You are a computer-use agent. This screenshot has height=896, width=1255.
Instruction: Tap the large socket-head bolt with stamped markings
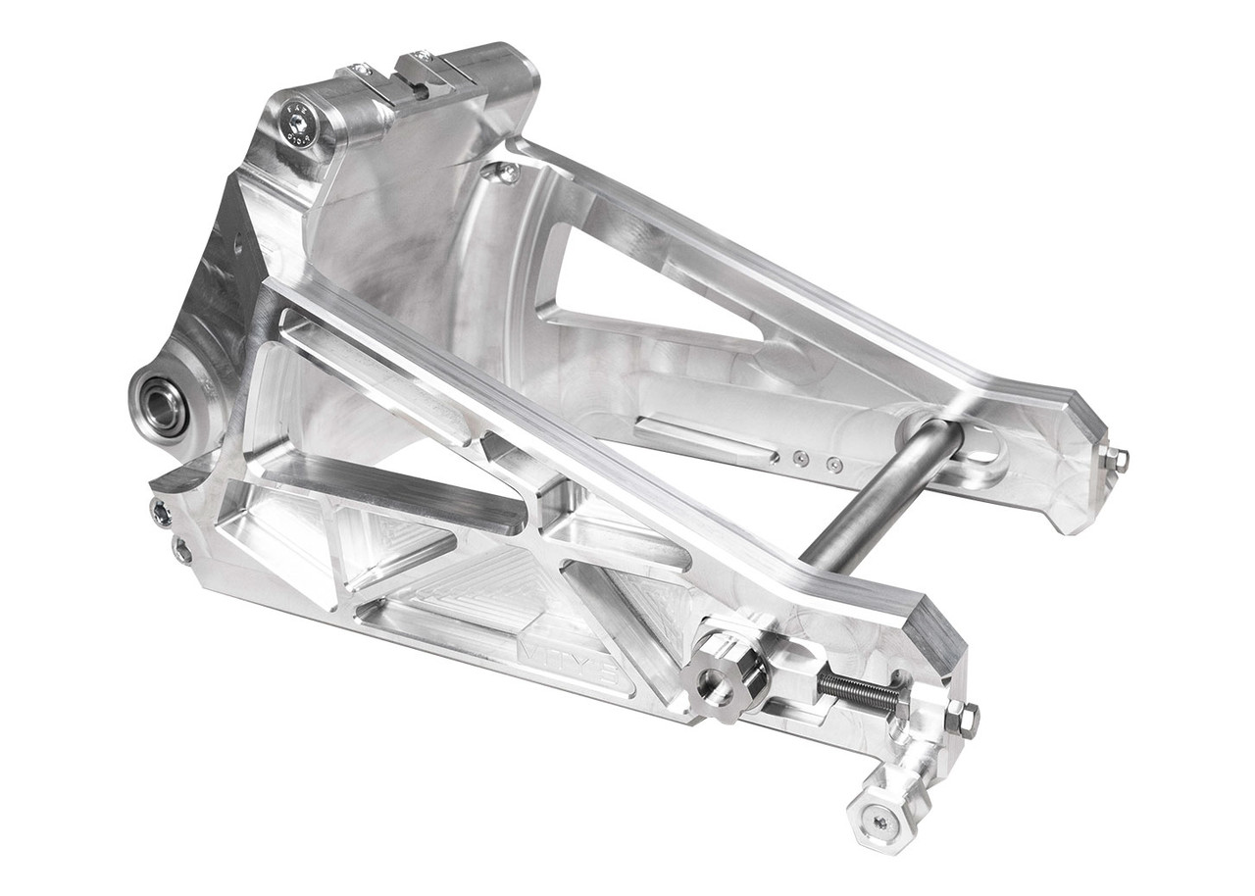pyautogui.click(x=297, y=124)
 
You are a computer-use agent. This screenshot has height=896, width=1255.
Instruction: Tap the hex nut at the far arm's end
pyautogui.click(x=1115, y=458)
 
